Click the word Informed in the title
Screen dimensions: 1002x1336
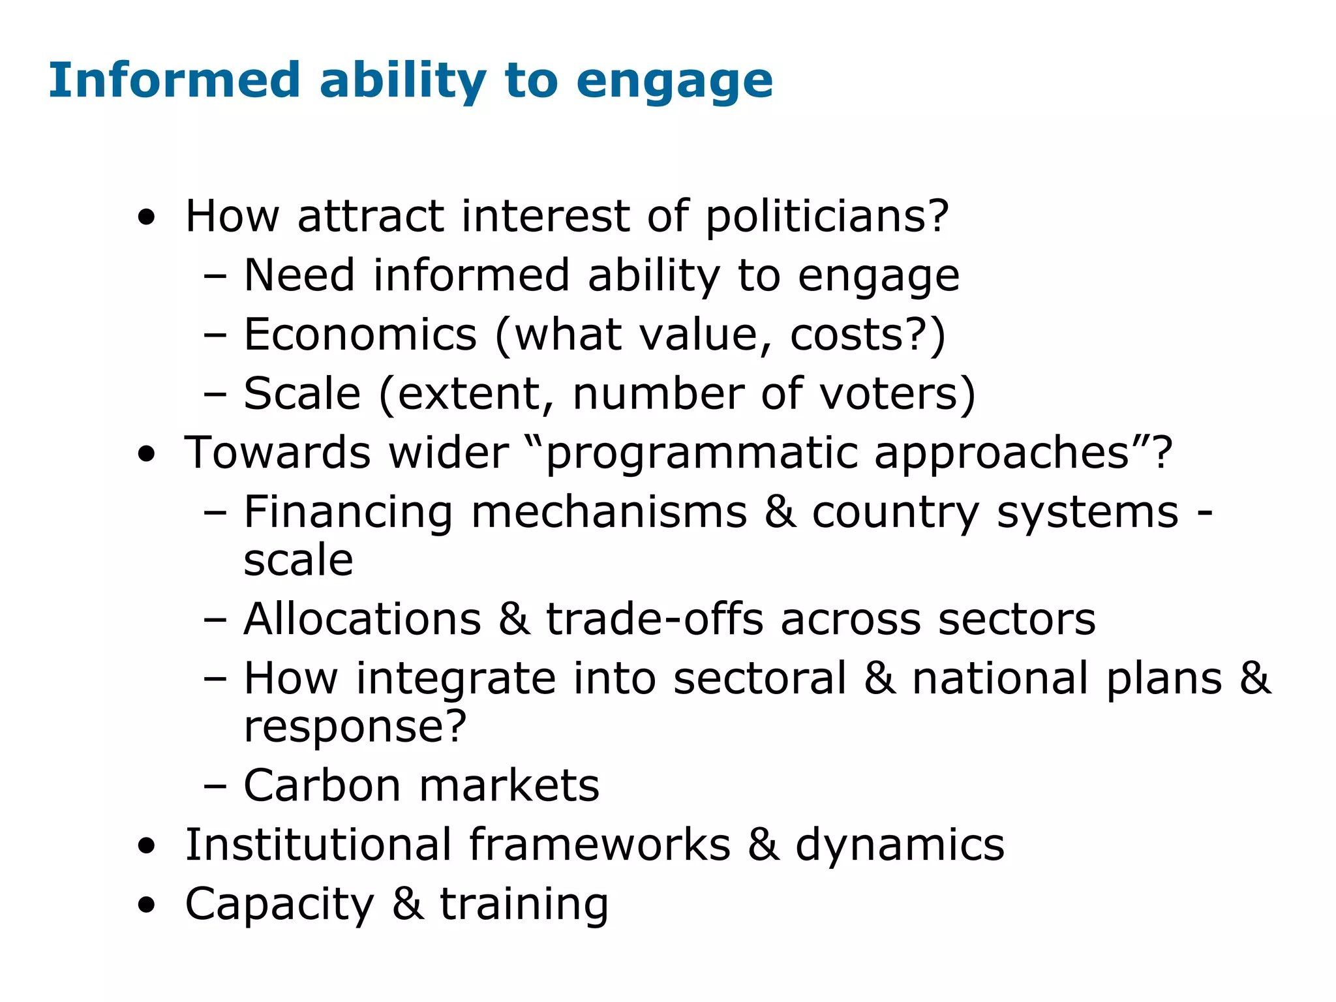point(174,80)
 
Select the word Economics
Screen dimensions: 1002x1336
point(360,335)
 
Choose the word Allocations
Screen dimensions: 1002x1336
point(362,618)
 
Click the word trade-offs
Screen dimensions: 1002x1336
point(654,618)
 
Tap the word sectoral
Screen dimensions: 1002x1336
point(759,678)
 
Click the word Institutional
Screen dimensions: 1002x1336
point(318,845)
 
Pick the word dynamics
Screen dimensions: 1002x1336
point(900,846)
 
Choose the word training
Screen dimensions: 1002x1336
point(524,905)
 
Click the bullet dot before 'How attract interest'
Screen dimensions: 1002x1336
point(147,218)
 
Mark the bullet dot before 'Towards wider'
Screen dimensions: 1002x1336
point(147,455)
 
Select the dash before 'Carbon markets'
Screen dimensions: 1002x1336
point(215,786)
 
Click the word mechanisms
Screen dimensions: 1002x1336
point(609,512)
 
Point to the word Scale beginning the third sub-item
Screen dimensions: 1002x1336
point(302,394)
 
